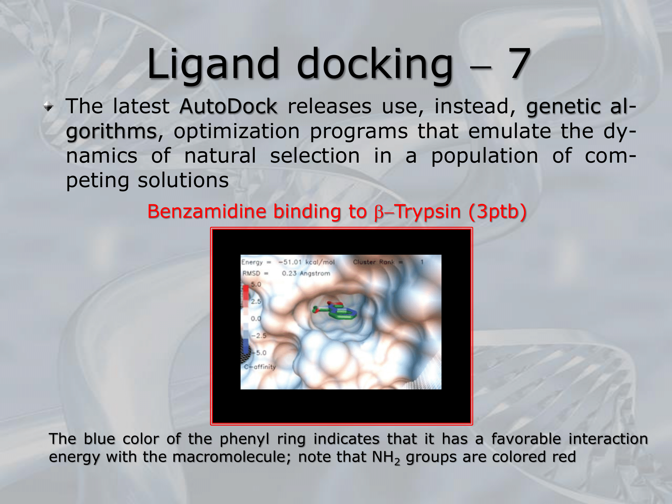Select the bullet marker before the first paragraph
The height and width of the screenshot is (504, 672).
click(x=49, y=107)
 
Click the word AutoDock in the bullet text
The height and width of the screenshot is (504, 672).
click(x=228, y=107)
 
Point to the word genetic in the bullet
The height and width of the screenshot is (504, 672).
click(x=563, y=107)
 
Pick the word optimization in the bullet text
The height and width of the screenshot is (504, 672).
click(x=237, y=131)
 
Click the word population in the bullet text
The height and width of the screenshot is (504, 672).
click(x=485, y=156)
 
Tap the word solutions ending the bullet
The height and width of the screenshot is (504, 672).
click(x=183, y=180)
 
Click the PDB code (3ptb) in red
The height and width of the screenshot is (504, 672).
click(x=497, y=212)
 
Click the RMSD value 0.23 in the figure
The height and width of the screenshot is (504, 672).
click(x=289, y=274)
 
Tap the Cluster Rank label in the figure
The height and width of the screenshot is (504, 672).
click(x=373, y=262)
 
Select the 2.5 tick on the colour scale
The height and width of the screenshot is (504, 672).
click(x=256, y=301)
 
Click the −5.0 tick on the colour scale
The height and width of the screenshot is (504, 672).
click(x=259, y=353)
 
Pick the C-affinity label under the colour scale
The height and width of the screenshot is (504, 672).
click(x=260, y=367)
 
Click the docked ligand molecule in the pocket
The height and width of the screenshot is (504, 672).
click(x=335, y=311)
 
